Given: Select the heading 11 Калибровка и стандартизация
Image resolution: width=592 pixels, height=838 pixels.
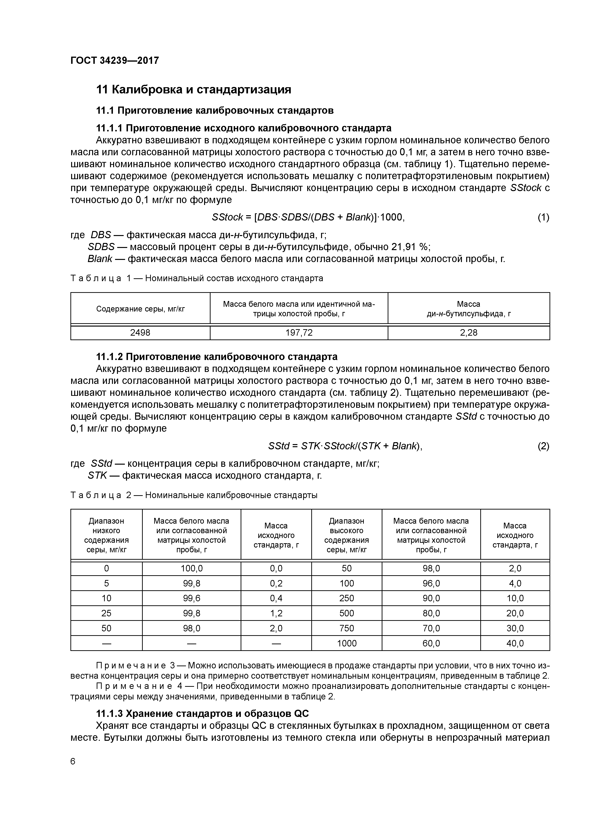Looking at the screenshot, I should click(x=193, y=89).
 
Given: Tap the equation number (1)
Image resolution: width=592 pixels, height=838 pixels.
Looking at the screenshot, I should click(x=543, y=218).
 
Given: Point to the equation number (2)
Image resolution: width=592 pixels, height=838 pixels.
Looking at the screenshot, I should click(x=543, y=446).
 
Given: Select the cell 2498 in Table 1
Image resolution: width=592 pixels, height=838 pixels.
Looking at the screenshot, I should click(x=140, y=333).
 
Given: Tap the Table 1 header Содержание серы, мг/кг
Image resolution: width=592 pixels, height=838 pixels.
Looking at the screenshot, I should click(x=140, y=309).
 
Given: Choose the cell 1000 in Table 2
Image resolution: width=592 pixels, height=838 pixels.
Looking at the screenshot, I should click(x=347, y=643).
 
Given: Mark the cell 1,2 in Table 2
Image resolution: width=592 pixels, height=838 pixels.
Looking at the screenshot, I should click(x=276, y=613).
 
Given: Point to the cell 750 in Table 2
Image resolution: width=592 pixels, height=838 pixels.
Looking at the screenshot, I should click(x=347, y=628).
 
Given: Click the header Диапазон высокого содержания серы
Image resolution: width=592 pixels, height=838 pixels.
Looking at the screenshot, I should click(x=347, y=535).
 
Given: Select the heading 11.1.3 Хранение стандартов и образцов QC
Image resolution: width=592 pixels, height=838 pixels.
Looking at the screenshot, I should click(x=202, y=714).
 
